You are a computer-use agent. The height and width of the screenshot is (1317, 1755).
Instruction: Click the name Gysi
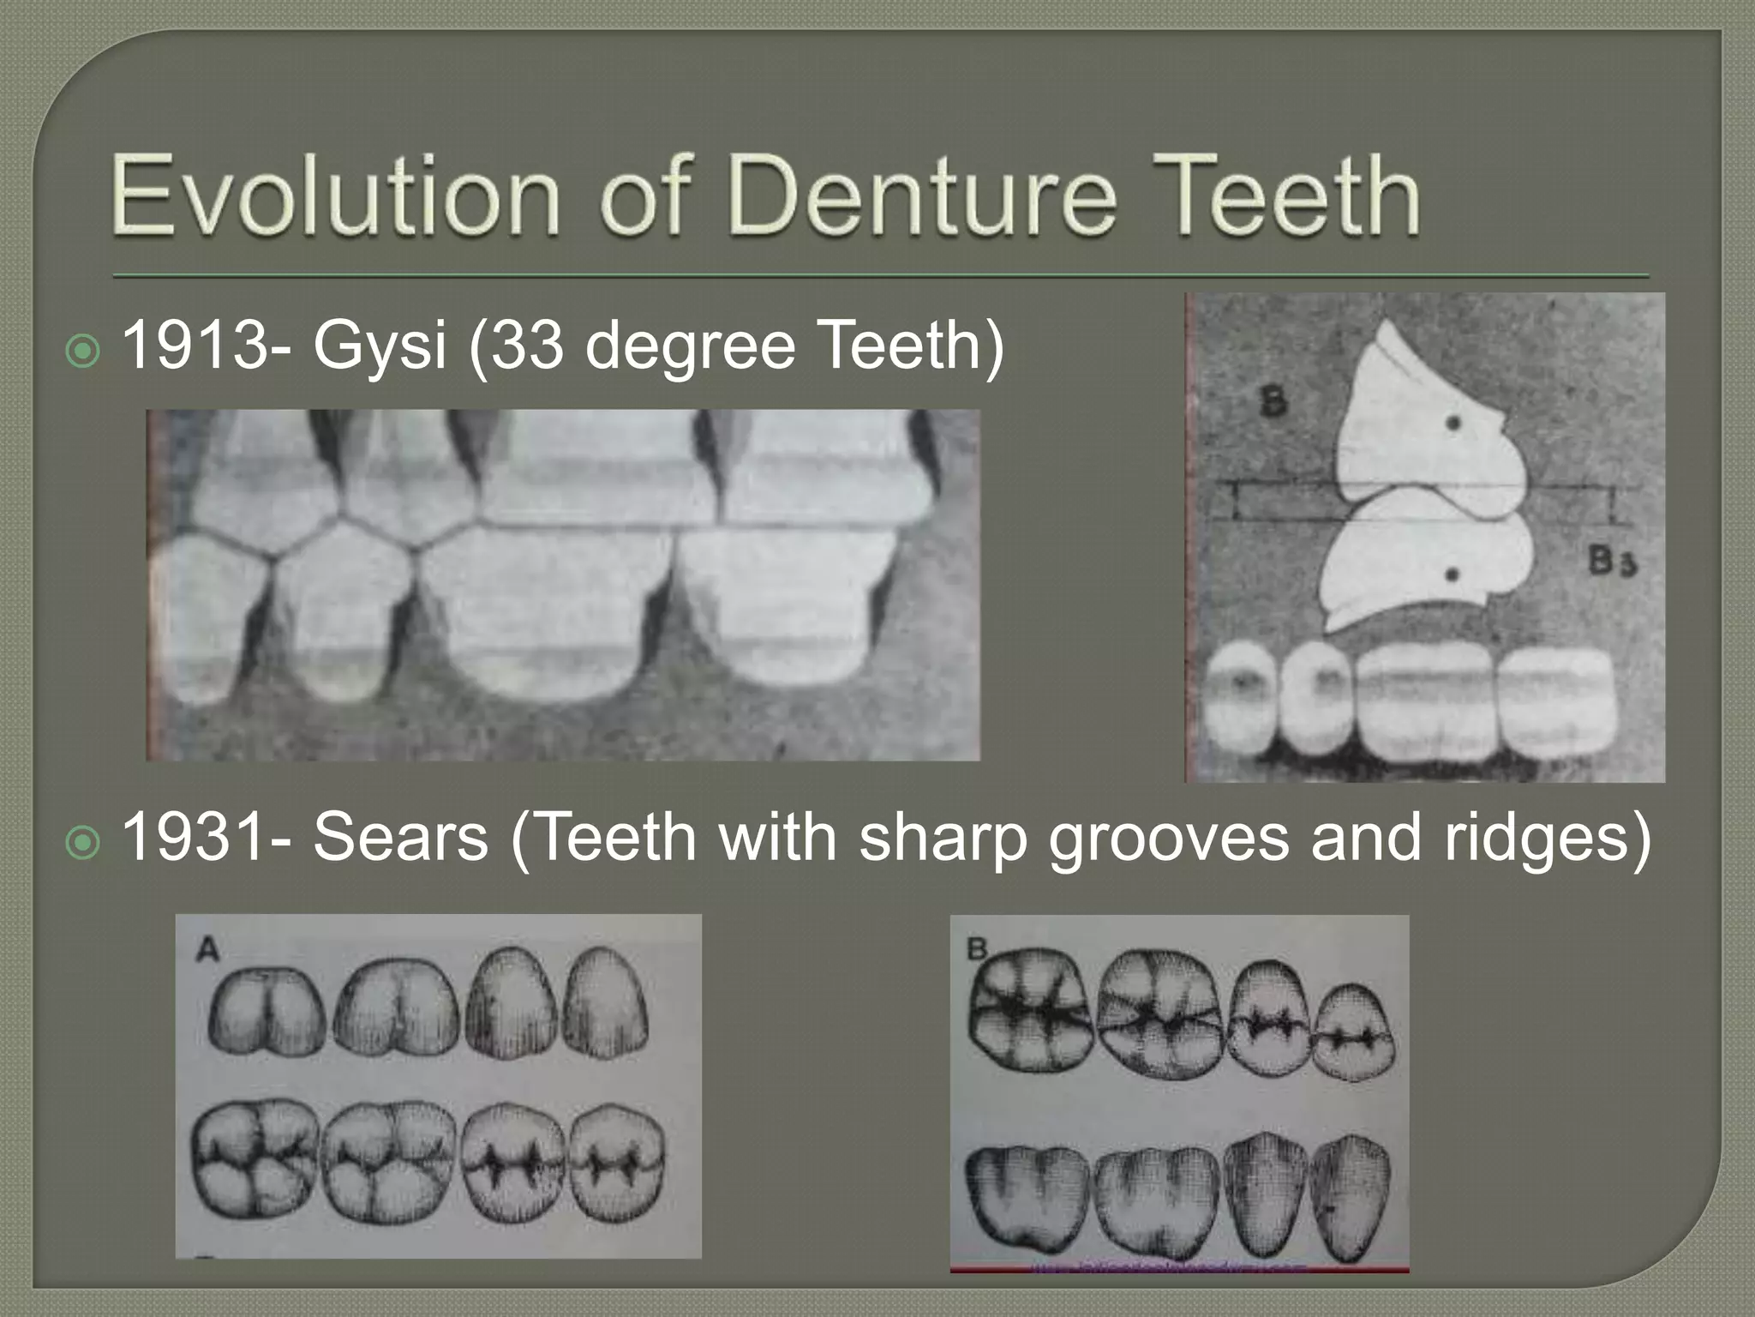click(x=378, y=347)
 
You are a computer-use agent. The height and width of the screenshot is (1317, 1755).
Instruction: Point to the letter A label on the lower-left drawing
click(x=207, y=949)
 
